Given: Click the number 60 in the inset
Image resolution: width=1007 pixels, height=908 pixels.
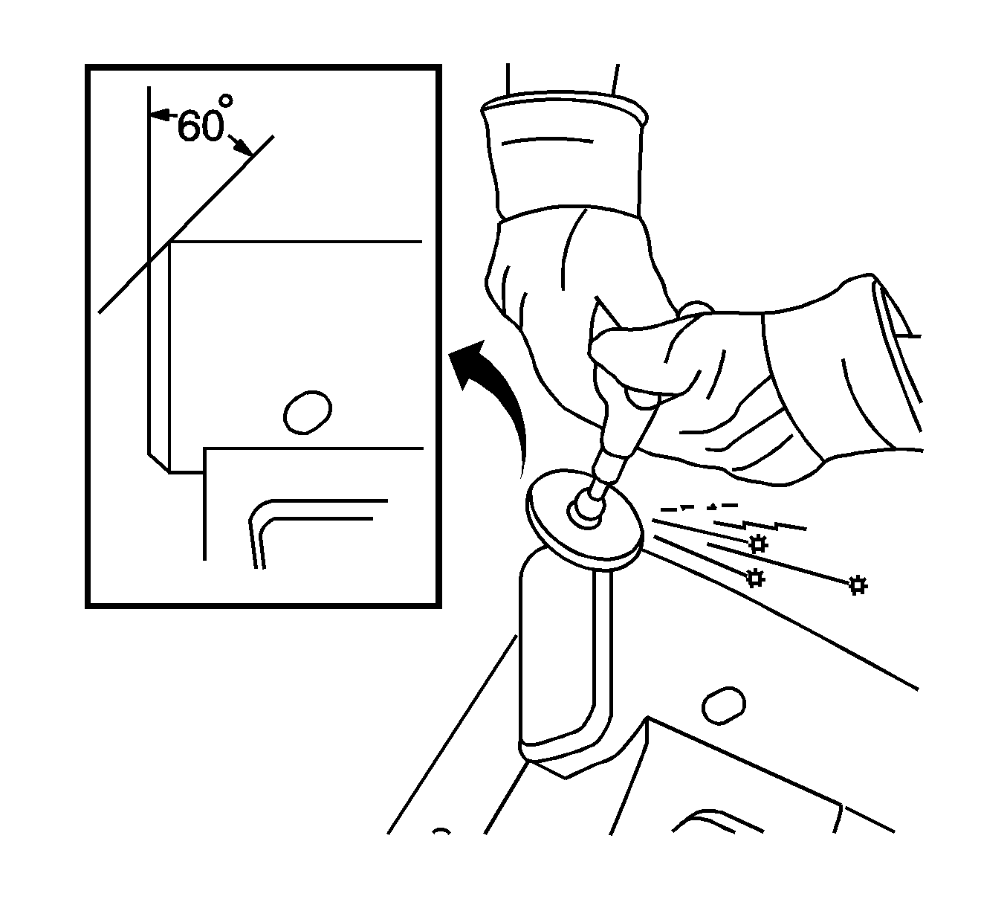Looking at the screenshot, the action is point(200,126).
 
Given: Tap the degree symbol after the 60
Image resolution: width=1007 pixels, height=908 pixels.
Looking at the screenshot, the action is point(227,100).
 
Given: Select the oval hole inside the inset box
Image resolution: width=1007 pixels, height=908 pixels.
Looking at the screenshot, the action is point(307,412).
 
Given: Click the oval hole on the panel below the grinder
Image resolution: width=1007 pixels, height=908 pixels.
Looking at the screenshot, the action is point(723,706).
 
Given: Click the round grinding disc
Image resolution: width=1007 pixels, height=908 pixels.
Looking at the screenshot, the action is point(585,520).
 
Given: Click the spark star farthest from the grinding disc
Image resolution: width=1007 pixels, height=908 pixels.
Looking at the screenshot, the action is point(858,585).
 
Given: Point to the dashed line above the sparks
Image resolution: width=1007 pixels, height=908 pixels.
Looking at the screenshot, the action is point(699,507).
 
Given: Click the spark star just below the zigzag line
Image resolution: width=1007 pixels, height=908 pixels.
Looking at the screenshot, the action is point(757,544).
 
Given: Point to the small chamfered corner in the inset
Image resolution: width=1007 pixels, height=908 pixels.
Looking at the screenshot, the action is point(158,463).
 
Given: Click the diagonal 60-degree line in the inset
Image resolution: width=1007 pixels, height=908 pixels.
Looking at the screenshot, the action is point(187,224).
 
